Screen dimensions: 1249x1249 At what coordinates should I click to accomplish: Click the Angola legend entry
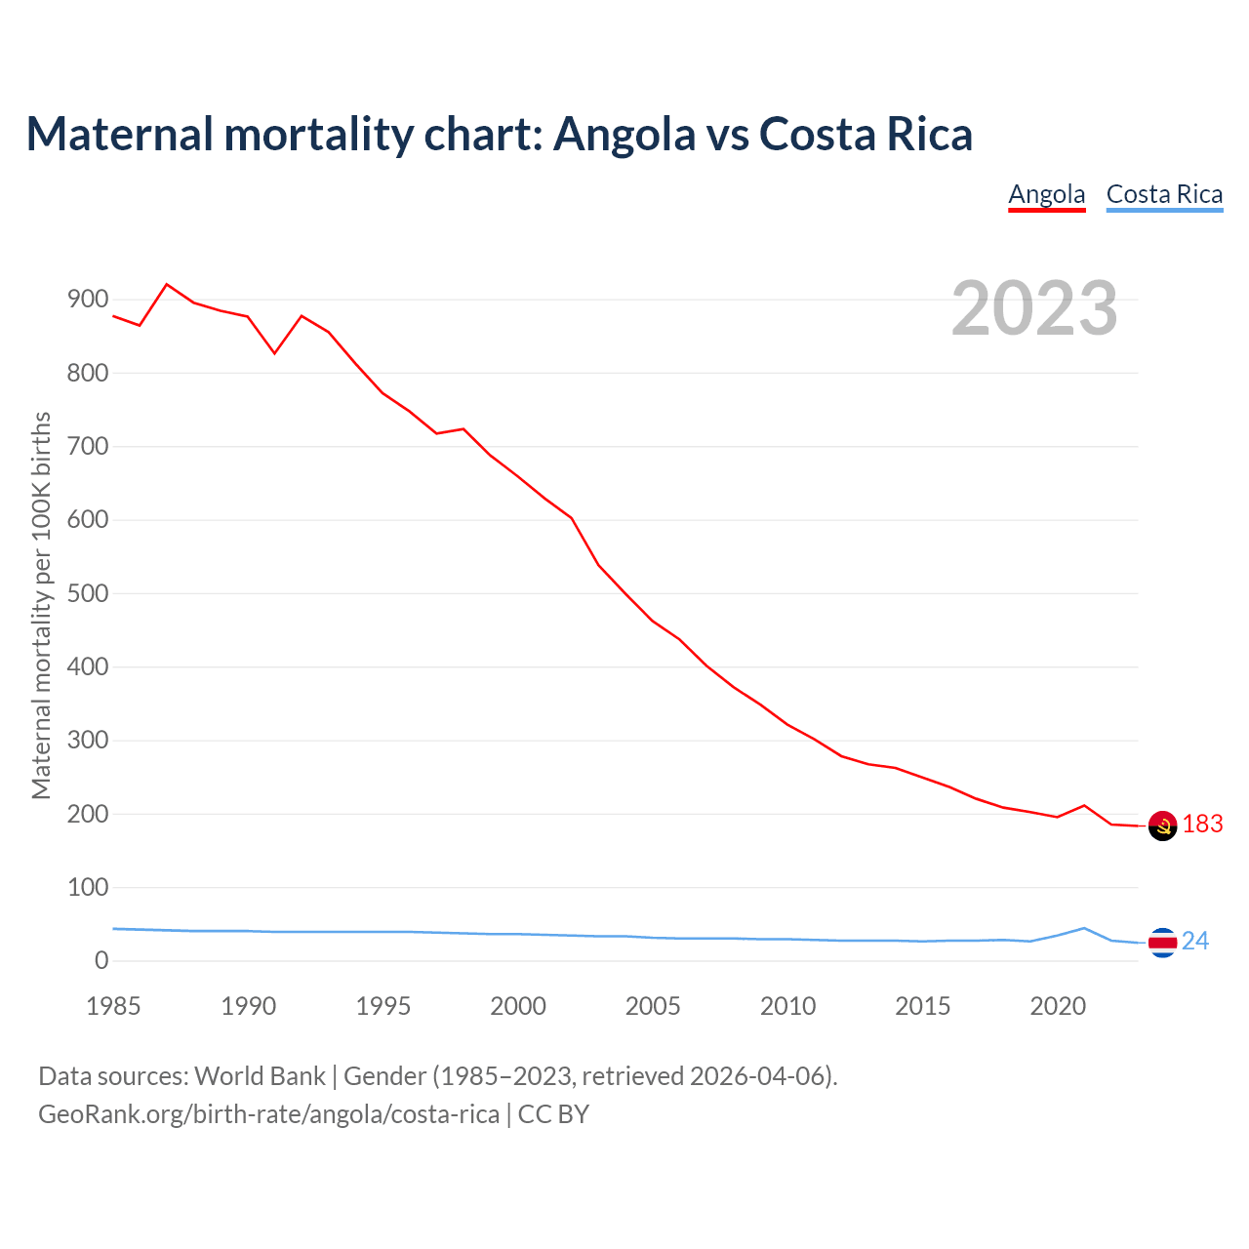[x=1046, y=194]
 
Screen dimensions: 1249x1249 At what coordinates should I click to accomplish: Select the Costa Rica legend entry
[x=1164, y=194]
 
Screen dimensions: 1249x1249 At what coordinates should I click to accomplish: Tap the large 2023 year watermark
[x=1034, y=308]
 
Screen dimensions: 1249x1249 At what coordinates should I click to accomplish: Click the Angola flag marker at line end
[x=1162, y=826]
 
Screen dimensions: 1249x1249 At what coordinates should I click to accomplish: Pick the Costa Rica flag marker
[x=1162, y=942]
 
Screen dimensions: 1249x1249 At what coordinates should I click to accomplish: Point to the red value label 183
[x=1203, y=825]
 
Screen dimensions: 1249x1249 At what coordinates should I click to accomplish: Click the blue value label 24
[x=1195, y=941]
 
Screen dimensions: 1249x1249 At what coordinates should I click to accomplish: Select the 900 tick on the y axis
[x=88, y=300]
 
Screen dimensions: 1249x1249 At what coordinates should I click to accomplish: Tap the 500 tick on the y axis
[x=88, y=593]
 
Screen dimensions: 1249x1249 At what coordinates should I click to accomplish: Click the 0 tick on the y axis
[x=101, y=961]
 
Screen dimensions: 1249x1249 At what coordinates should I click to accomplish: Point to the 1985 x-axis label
[x=113, y=1006]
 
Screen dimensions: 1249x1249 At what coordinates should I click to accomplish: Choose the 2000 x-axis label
[x=518, y=1006]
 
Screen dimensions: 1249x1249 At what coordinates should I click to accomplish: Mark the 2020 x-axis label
[x=1058, y=1006]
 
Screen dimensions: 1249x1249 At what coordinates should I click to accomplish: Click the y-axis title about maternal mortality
[x=41, y=605]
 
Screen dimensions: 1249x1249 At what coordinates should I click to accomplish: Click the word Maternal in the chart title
[x=119, y=134]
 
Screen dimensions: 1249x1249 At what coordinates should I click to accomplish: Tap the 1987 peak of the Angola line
[x=167, y=284]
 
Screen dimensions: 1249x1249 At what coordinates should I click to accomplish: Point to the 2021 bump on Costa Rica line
[x=1084, y=928]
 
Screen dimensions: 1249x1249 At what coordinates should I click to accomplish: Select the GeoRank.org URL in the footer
[x=268, y=1113]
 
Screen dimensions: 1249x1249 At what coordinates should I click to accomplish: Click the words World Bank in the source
[x=260, y=1076]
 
